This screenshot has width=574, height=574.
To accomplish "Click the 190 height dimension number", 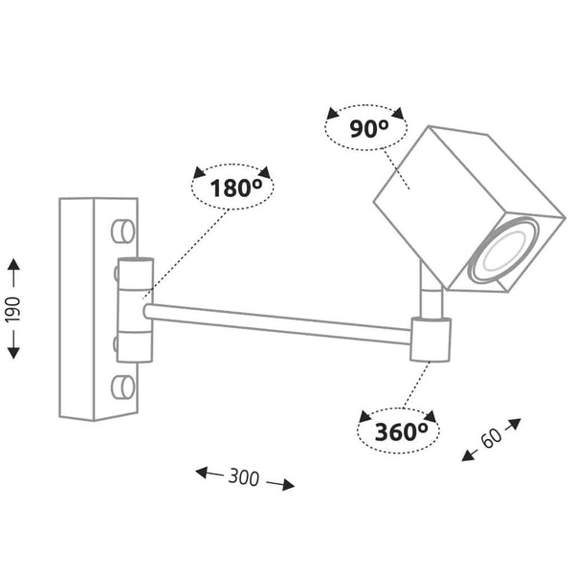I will pyautogui.click(x=14, y=307).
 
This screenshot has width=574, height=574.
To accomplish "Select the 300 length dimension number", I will pyautogui.click(x=244, y=475).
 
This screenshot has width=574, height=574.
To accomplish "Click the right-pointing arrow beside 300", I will pyautogui.click(x=281, y=483).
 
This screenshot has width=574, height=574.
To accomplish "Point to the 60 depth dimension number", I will pyautogui.click(x=492, y=439).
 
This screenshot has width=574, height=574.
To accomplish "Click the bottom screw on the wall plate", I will pyautogui.click(x=122, y=386).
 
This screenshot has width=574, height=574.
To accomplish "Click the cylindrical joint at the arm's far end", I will pyautogui.click(x=430, y=340).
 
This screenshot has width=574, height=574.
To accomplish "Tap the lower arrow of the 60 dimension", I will pyautogui.click(x=469, y=454).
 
